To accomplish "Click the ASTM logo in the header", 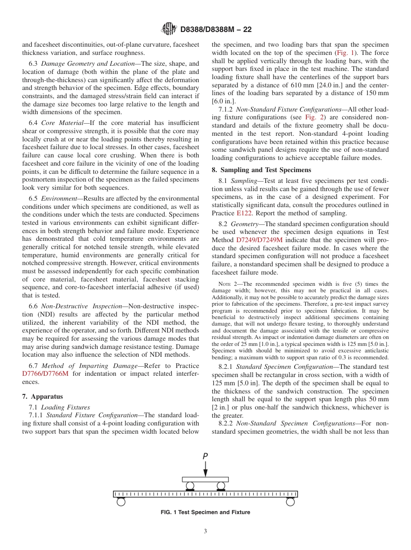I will pyautogui.click(x=169, y=29).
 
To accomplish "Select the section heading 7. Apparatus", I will pyautogui.click(x=42, y=397).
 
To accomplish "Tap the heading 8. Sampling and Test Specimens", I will pyautogui.click(x=261, y=170).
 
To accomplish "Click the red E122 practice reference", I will pyautogui.click(x=244, y=213).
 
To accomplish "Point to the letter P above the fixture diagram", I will pyautogui.click(x=205, y=456).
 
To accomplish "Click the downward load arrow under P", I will pyautogui.click(x=205, y=469).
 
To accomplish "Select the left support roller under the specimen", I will pyautogui.click(x=121, y=502).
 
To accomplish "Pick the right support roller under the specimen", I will pyautogui.click(x=290, y=502).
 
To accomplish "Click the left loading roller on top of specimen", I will pyautogui.click(x=190, y=486).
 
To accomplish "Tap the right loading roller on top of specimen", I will pyautogui.click(x=221, y=486).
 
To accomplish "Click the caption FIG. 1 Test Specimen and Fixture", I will pyautogui.click(x=205, y=512).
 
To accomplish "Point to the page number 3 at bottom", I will pyautogui.click(x=205, y=531).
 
